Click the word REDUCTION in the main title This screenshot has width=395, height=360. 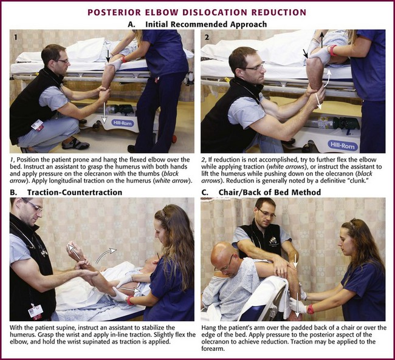pos(279,12)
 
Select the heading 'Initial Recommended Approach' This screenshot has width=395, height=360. pos(206,24)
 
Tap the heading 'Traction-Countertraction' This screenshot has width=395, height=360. pos(75,192)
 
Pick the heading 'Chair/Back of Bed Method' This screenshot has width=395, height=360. pos(270,192)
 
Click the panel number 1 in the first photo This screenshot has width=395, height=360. pos(16,37)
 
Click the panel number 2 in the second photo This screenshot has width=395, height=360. pos(207,37)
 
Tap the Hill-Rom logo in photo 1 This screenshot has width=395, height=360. pos(122,123)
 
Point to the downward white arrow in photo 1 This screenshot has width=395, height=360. pos(104,110)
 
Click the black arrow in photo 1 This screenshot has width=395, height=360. pos(108,56)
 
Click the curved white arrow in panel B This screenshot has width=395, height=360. pos(105,255)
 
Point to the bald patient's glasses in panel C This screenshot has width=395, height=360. pos(226,263)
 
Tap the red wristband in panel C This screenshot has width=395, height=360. pos(311,309)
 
